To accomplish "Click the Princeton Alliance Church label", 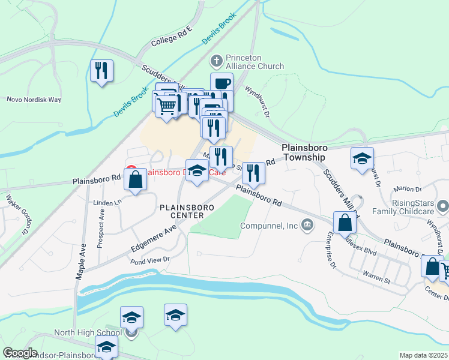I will tap(255, 62).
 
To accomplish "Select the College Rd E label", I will tap(171, 37).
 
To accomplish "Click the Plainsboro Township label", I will tap(304, 152).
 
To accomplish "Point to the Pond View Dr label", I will tap(150, 260).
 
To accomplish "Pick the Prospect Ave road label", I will tap(101, 222).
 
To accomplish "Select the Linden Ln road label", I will tap(107, 203).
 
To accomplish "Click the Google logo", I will tap(20, 352).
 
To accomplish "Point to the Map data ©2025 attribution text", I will tap(423, 355).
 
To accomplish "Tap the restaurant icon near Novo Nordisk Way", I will tap(101, 71).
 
